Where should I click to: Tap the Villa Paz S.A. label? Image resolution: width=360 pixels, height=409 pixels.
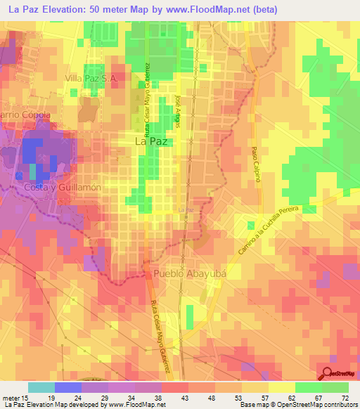[x=91, y=79]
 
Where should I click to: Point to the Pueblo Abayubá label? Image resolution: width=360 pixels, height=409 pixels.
[x=187, y=273]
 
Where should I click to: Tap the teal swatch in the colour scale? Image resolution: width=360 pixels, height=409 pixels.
[x=41, y=387]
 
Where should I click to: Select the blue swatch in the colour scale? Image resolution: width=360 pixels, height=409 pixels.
[x=68, y=387]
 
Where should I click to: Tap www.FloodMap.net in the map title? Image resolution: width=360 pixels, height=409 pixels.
[x=219, y=10]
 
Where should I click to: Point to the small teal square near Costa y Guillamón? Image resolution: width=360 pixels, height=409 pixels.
[x=32, y=171]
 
